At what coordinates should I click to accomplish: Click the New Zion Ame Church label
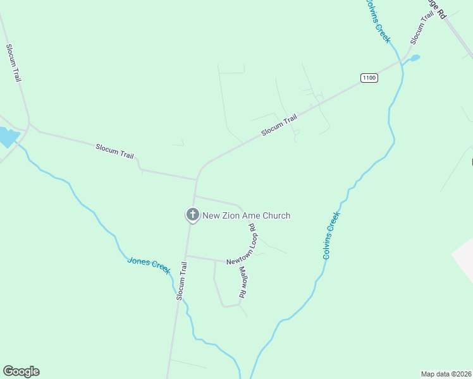pyautogui.click(x=246, y=216)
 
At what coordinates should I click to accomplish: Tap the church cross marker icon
pyautogui.click(x=192, y=215)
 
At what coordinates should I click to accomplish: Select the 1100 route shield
pyautogui.click(x=369, y=78)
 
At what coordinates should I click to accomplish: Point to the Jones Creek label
pyautogui.click(x=149, y=265)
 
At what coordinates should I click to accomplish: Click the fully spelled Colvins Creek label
pyautogui.click(x=331, y=235)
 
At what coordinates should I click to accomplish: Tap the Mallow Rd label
pyautogui.click(x=242, y=282)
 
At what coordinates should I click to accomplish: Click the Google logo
pyautogui.click(x=21, y=371)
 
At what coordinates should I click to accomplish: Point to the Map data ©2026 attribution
pyautogui.click(x=445, y=373)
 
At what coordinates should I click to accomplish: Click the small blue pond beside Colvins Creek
pyautogui.click(x=414, y=58)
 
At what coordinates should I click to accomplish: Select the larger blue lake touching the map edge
pyautogui.click(x=6, y=136)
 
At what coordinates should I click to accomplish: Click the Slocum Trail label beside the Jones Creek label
pyautogui.click(x=181, y=280)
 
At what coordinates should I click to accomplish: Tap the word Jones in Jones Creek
pyautogui.click(x=138, y=262)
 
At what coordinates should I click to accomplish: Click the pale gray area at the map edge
pyautogui.click(x=464, y=259)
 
